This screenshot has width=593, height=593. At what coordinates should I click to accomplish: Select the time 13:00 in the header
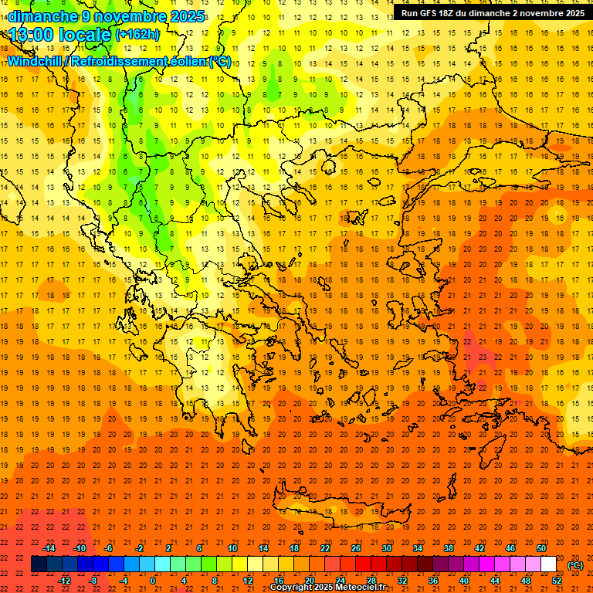point(32,35)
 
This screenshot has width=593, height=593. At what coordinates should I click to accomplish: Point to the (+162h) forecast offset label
point(137,35)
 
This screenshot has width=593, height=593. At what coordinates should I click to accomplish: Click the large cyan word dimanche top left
point(42,16)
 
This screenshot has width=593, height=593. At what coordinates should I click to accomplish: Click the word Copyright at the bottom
point(296,588)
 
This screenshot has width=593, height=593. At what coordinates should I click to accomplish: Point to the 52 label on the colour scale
point(557,580)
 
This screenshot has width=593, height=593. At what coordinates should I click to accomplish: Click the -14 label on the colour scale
point(49,548)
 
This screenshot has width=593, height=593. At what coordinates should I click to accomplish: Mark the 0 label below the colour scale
point(153,580)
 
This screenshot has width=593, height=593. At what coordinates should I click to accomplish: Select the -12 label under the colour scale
point(64,580)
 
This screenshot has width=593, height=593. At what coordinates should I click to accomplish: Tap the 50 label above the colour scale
point(541,548)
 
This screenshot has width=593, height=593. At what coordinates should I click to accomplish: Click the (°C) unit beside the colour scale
point(575,565)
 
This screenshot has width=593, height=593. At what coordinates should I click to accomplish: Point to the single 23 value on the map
point(482,357)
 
